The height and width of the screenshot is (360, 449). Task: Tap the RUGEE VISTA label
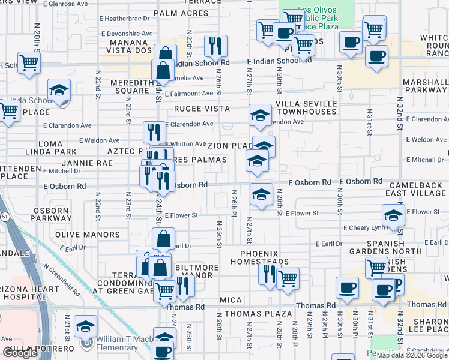(x=202, y=109)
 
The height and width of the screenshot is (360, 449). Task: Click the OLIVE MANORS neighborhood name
(x=87, y=235)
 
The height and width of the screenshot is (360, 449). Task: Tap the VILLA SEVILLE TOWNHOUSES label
(x=306, y=107)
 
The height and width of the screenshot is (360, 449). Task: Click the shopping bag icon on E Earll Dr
(x=163, y=239)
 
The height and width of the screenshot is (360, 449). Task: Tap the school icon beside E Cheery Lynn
(x=393, y=216)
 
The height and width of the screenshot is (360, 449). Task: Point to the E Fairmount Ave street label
(x=189, y=94)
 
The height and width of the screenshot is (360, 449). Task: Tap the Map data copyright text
(x=411, y=355)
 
